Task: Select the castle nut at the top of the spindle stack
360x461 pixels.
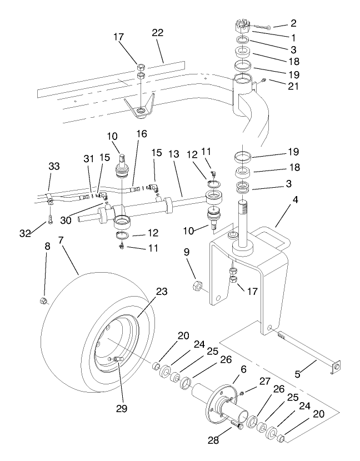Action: (243, 28)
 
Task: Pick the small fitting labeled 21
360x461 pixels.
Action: (264, 81)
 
